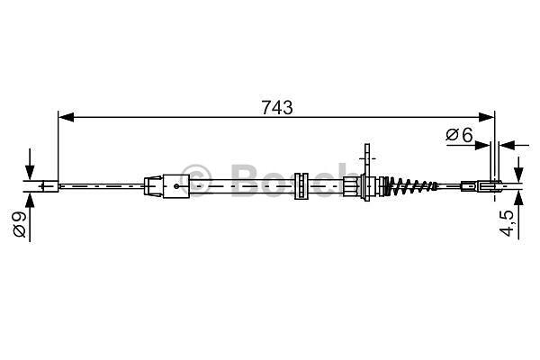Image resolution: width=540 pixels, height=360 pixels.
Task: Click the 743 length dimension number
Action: tap(277, 107)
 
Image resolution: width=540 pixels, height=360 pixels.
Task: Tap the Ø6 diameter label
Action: tap(460, 135)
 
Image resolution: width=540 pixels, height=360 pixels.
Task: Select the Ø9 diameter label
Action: tap(20, 224)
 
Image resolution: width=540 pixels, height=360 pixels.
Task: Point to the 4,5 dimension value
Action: tap(508, 223)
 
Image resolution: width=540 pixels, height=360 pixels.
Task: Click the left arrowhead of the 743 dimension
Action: tap(66, 117)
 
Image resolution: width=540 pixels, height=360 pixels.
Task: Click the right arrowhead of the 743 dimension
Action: tap(487, 117)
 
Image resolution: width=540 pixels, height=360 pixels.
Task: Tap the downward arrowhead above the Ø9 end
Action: tap(30, 173)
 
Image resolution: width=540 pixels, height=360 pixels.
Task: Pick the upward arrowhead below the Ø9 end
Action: tap(30, 200)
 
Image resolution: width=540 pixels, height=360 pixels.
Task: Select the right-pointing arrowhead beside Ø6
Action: tap(481, 146)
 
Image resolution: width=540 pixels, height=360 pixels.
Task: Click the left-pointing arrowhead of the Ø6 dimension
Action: tap(507, 146)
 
